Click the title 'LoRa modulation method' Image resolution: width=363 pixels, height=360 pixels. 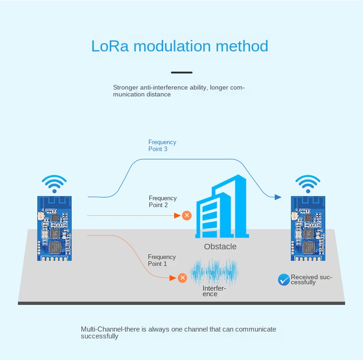click(x=180, y=46)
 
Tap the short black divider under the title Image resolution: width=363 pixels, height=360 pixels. click(x=181, y=73)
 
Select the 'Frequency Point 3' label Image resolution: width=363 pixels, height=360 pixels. click(x=162, y=146)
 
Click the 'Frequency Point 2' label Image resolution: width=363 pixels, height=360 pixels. click(x=162, y=202)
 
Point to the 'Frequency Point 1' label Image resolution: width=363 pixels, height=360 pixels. click(x=161, y=260)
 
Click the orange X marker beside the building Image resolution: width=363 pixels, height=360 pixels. click(x=187, y=215)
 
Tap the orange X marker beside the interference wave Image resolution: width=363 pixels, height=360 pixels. click(x=182, y=278)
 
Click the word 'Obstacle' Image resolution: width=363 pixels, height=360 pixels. click(x=220, y=247)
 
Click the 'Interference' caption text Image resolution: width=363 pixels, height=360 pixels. click(x=214, y=291)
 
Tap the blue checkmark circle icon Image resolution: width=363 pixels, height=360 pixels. click(x=284, y=279)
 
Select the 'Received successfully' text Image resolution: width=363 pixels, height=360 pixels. click(x=311, y=280)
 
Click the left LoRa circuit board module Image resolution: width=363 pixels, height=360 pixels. click(x=54, y=228)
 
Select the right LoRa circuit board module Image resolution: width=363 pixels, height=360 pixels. click(x=307, y=228)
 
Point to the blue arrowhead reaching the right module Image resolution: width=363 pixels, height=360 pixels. click(x=278, y=197)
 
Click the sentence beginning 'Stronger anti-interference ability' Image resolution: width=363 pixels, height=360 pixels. click(x=179, y=91)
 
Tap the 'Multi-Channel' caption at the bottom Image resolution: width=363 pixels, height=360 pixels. click(x=178, y=332)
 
